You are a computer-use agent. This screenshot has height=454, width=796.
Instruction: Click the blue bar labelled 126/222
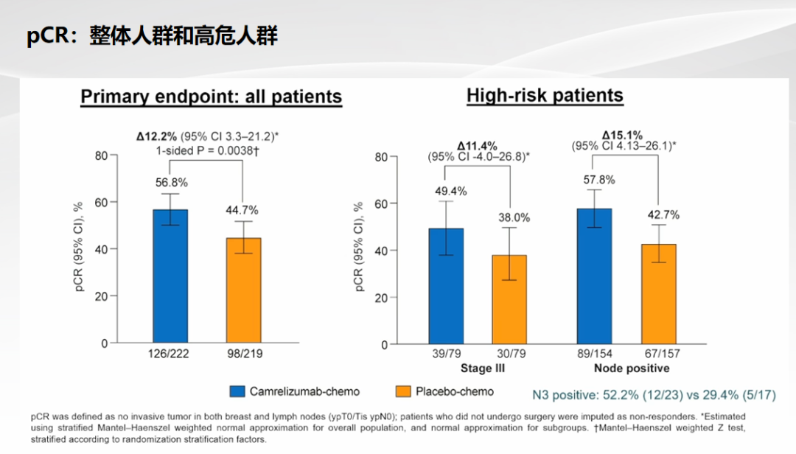pos(170,276)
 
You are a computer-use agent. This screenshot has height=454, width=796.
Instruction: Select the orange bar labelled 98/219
pos(243,290)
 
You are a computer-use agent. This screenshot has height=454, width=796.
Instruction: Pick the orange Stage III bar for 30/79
pos(509,299)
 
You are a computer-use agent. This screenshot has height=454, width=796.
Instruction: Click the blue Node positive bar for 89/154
pos(593,276)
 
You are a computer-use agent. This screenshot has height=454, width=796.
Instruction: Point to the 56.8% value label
pos(170,182)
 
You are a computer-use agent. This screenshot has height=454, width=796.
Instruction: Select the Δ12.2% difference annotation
pos(156,136)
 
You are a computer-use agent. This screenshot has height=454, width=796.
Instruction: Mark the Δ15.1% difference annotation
pos(622,136)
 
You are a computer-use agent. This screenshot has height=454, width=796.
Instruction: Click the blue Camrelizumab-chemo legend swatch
pos(237,391)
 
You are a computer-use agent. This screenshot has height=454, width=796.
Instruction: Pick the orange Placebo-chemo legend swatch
pos(403,391)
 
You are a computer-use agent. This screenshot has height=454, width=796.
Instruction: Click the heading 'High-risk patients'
pos(545,95)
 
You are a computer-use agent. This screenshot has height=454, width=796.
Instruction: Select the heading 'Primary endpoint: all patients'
pos(211,97)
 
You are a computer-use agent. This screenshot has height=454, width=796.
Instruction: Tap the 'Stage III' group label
pos(476,368)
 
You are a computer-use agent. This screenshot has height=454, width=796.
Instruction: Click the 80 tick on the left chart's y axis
pos(101,156)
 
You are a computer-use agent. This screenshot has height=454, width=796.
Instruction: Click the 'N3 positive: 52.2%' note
pos(654,394)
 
